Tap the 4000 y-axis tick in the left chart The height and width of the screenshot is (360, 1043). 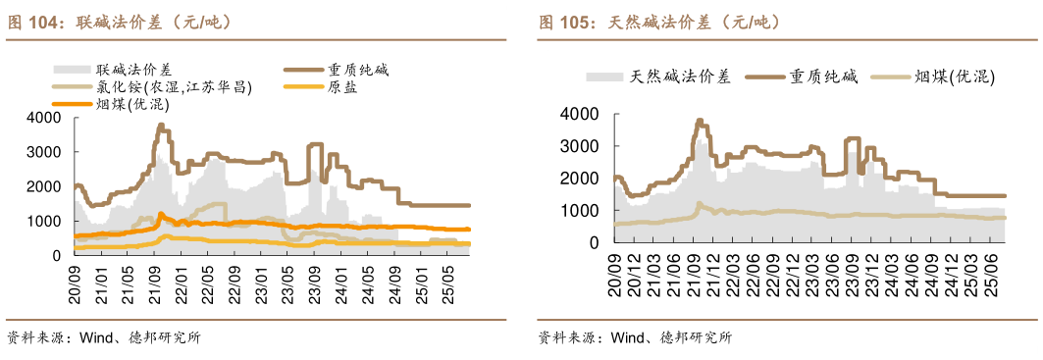pos(46,118)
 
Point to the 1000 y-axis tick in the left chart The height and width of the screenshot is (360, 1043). pos(46,221)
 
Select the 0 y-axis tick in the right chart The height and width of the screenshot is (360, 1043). pos(593,242)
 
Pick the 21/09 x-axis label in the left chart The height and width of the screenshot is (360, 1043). pos(157,274)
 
